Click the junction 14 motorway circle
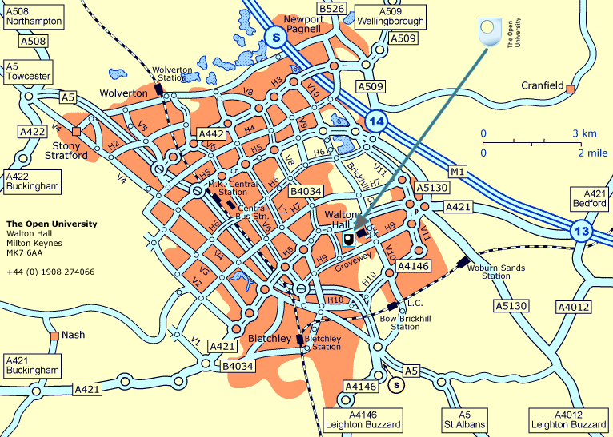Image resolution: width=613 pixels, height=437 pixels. (x=375, y=121)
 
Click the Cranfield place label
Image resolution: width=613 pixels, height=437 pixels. (x=543, y=85)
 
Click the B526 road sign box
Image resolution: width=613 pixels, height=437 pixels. (x=331, y=8)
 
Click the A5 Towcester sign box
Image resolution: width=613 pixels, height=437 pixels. (x=28, y=71)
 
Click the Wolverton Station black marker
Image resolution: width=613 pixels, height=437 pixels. (x=160, y=89)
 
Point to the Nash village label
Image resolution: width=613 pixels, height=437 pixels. (x=73, y=336)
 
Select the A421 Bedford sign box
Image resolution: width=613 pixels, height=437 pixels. (x=590, y=198)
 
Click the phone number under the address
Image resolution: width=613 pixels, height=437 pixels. (x=50, y=272)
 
